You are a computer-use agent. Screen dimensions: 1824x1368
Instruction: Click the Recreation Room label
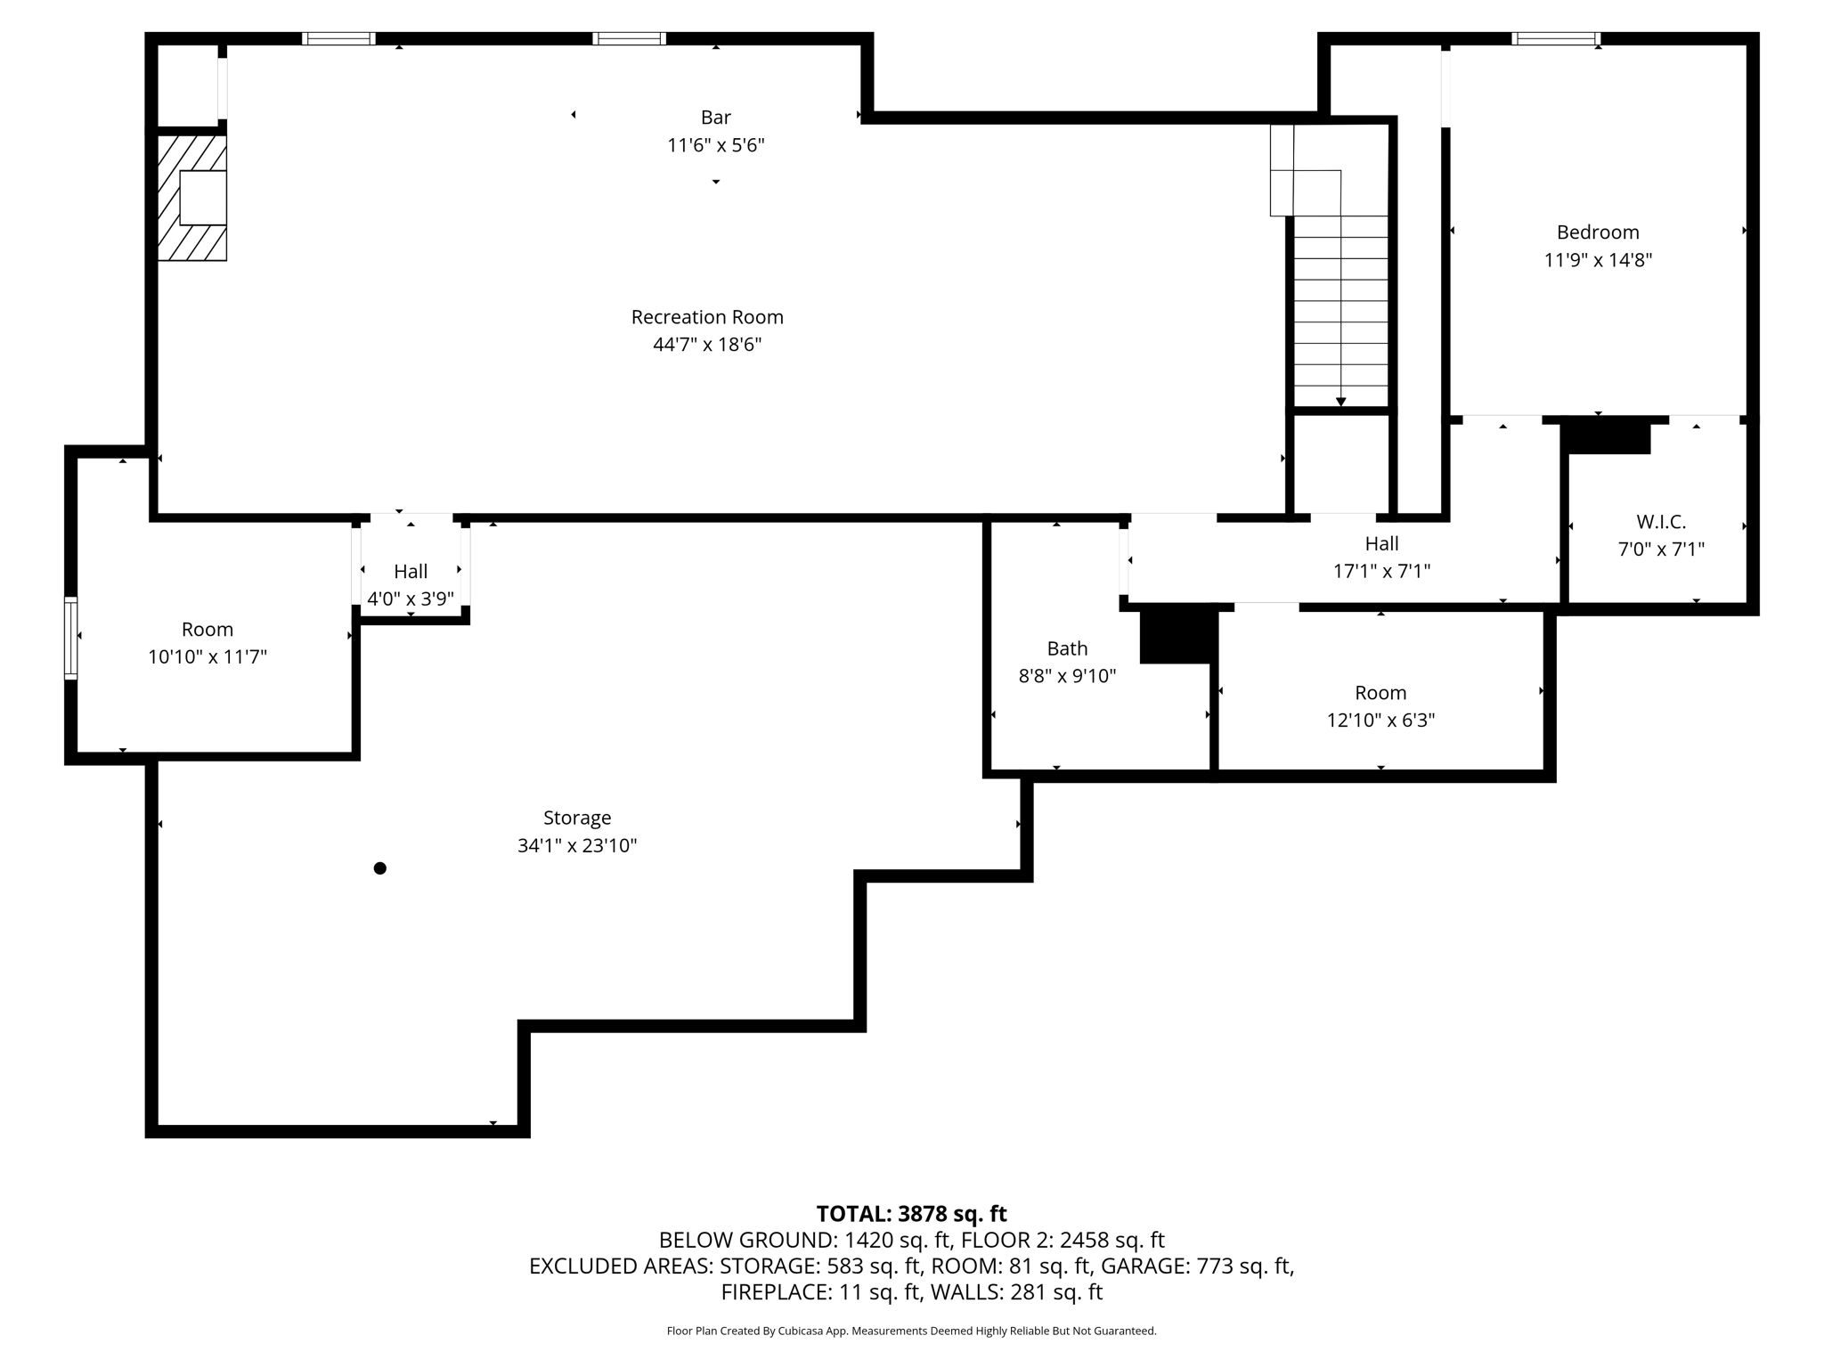click(x=707, y=317)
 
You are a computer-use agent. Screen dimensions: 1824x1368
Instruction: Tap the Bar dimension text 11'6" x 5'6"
click(x=716, y=145)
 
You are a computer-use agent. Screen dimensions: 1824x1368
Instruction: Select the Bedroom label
click(x=1598, y=232)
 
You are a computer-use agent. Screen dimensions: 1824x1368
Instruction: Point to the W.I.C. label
click(x=1661, y=522)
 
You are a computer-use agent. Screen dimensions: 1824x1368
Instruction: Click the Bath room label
click(x=1067, y=648)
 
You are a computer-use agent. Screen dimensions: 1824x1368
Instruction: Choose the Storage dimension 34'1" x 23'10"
click(x=577, y=845)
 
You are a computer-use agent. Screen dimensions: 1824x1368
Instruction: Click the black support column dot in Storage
click(x=380, y=868)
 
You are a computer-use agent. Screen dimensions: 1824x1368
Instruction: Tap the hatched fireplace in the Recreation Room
click(x=192, y=198)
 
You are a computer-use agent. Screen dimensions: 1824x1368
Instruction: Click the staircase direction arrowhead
click(x=1341, y=402)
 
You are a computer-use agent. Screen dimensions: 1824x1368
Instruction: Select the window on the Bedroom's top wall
click(x=1556, y=38)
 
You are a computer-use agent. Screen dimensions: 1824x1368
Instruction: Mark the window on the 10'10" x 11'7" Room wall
click(x=70, y=639)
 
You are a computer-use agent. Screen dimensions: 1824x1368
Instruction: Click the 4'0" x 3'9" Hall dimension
click(x=411, y=599)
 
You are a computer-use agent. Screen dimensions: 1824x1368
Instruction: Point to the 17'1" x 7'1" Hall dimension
click(x=1381, y=571)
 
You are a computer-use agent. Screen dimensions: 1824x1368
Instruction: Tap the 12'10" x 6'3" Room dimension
click(x=1380, y=721)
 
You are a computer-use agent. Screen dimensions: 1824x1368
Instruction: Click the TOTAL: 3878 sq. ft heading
click(x=911, y=1214)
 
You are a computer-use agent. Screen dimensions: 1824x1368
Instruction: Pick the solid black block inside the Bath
click(x=1178, y=635)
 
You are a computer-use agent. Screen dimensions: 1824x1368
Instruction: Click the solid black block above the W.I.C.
click(x=1606, y=436)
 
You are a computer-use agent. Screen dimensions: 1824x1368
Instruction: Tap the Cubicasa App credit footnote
click(x=911, y=1331)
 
